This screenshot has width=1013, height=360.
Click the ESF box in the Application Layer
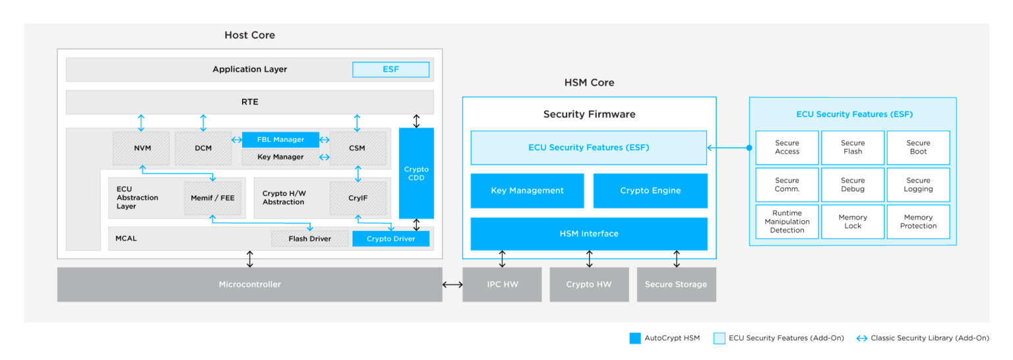pyautogui.click(x=390, y=69)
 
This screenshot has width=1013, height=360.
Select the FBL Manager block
pyautogui.click(x=280, y=140)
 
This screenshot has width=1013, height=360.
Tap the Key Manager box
pyautogui.click(x=280, y=157)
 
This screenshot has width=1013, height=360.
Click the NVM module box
pyautogui.click(x=142, y=148)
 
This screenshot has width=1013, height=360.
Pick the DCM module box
pyautogui.click(x=203, y=148)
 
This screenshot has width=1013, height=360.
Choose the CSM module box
pyautogui.click(x=357, y=148)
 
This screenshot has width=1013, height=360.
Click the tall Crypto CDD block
pyautogui.click(x=416, y=173)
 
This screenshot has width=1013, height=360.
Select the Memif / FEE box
pyautogui.click(x=212, y=198)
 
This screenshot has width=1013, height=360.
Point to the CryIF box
pyautogui.click(x=357, y=198)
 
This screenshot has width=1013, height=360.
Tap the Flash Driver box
pyautogui.click(x=309, y=239)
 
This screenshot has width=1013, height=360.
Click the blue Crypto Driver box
pyautogui.click(x=390, y=239)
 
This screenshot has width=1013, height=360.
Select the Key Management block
pyautogui.click(x=527, y=191)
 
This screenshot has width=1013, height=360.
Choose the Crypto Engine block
pyautogui.click(x=650, y=191)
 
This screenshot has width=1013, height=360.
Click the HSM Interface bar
pyautogui.click(x=589, y=233)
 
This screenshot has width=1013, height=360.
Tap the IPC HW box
pyautogui.click(x=502, y=284)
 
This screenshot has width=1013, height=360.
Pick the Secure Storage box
pyautogui.click(x=676, y=284)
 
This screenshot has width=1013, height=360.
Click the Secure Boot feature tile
pyautogui.click(x=918, y=147)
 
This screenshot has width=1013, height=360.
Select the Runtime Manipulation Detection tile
pyautogui.click(x=787, y=222)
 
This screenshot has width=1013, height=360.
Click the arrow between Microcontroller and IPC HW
pyautogui.click(x=452, y=284)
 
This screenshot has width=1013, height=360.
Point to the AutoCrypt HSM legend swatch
pyautogui.click(x=635, y=338)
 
